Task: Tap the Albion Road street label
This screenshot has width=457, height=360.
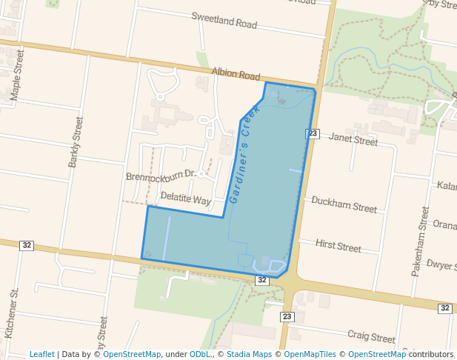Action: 236,76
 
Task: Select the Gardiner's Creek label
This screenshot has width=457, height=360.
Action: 245,154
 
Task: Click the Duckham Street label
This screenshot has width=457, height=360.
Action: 344,204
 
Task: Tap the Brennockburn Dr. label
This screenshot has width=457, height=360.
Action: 160,176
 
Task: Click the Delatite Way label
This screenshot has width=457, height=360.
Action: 186,199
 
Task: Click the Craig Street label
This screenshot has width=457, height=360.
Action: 372,336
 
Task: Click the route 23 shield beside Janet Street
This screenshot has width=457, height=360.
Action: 313,133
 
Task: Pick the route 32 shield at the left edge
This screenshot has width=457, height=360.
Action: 27,245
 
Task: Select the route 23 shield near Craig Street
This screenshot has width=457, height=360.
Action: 287,316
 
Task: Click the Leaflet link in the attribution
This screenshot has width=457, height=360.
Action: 41,354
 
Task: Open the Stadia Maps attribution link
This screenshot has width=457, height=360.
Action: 248,354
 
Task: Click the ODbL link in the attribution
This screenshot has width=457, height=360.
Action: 201,354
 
